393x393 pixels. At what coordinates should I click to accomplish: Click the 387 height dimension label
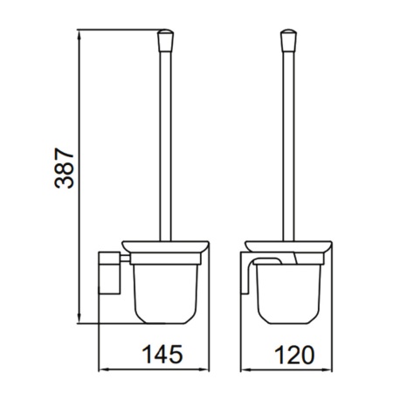coord(65,169)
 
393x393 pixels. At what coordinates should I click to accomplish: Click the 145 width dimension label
coord(162,355)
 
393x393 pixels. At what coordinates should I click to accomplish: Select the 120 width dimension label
coord(294,355)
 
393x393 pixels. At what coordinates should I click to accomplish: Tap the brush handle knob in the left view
coord(165,40)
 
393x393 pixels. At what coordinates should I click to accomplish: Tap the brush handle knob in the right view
coord(288,40)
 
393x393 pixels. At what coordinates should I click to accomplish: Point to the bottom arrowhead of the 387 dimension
coord(79,318)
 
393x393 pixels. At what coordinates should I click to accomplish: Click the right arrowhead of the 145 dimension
coord(204,369)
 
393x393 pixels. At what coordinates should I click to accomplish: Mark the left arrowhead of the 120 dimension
coord(245,370)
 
